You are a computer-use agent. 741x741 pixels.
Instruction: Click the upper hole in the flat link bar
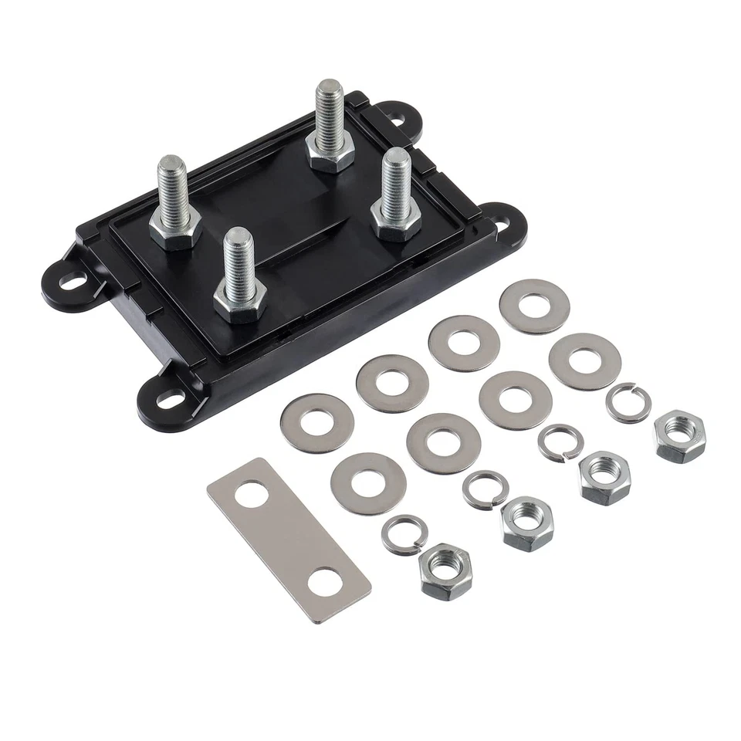(251, 493)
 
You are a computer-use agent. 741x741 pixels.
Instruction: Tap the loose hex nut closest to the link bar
(446, 569)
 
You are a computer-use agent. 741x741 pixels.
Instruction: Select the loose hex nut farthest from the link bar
(679, 436)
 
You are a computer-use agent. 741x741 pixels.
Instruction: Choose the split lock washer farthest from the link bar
(628, 403)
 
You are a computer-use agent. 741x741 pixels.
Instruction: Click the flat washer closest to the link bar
(368, 483)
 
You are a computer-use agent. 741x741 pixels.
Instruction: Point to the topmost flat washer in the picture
(534, 306)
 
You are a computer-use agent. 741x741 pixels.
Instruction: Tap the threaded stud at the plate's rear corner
(330, 116)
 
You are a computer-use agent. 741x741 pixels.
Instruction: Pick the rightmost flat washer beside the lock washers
(584, 360)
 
